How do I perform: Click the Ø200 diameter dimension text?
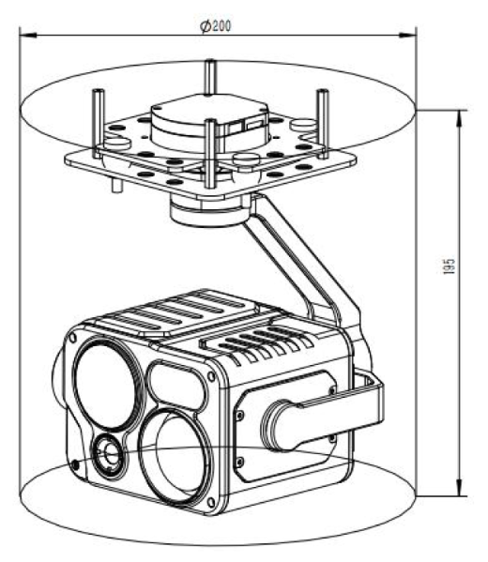point(216,26)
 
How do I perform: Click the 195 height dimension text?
point(449,266)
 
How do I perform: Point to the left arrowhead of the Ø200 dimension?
point(27,35)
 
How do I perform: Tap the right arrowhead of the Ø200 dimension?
point(407,35)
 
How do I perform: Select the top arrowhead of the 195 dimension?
point(459,118)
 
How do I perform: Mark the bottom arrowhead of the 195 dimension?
point(459,488)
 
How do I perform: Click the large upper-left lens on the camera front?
point(108,384)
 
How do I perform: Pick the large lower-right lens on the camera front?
point(175,456)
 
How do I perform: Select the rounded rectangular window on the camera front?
point(177,387)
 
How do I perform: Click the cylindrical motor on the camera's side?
point(283,425)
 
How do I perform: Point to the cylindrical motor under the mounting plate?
point(209,212)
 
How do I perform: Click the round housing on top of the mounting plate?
point(209,121)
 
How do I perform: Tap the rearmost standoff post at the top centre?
point(210,77)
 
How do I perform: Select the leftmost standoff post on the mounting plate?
point(98,123)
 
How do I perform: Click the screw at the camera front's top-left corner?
point(73,337)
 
